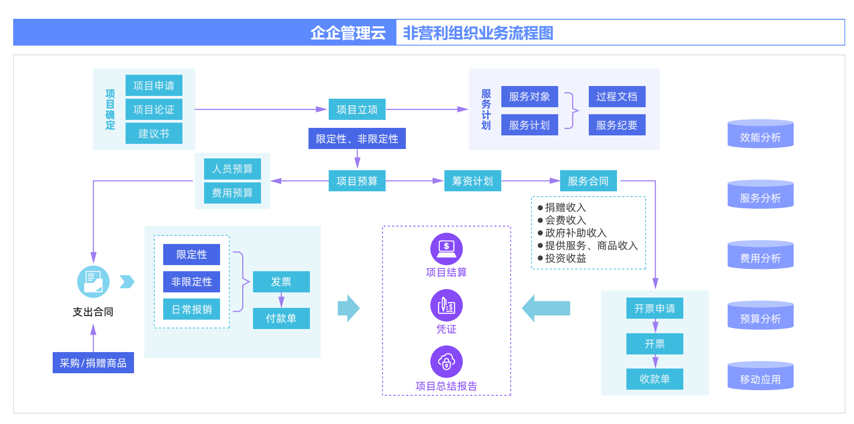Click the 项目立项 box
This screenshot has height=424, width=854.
coord(357,110)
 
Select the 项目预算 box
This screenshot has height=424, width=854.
coord(357,181)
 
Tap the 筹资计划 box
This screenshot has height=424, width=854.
coord(473,181)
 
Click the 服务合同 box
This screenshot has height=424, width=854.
coord(588,181)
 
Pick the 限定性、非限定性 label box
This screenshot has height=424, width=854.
coord(357,139)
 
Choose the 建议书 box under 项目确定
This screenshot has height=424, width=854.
coord(154,133)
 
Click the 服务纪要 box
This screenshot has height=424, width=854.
coord(617,125)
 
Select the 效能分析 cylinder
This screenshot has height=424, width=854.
coord(760,134)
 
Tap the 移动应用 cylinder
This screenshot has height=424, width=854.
coord(760,377)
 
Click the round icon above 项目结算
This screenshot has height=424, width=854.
coord(446,249)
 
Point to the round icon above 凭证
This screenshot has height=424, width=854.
coord(446,306)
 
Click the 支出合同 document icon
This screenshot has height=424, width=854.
coord(93,282)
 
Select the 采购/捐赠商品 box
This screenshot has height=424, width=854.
coord(93,363)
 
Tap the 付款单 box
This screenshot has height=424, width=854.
coord(281,318)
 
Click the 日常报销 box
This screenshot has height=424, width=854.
coord(191,309)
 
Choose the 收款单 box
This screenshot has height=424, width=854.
coord(655,379)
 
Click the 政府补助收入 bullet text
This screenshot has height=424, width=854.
coord(576,233)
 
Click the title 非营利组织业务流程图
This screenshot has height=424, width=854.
coord(478,33)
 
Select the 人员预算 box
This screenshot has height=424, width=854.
coord(232,169)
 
